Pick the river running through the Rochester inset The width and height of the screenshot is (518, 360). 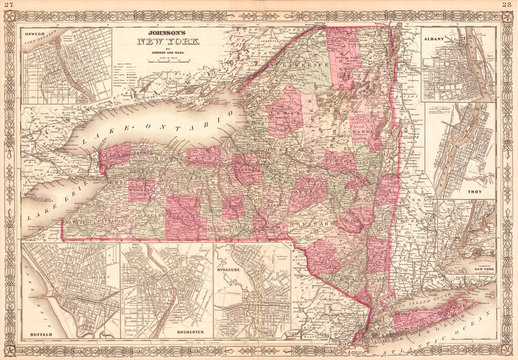coord(150,290)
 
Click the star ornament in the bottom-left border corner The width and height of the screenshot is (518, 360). coord(8,352)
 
